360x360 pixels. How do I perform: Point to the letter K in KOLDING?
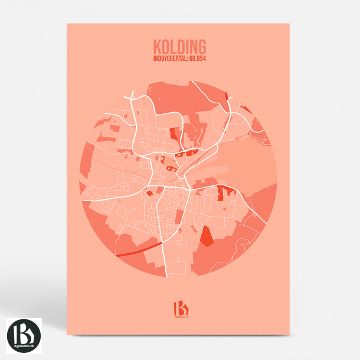(x=156, y=47)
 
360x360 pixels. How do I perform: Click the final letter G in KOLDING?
(x=202, y=47)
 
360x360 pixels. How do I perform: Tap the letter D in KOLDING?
(x=180, y=47)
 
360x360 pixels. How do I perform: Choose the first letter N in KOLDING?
(x=193, y=47)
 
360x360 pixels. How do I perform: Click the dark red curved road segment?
(x=140, y=248)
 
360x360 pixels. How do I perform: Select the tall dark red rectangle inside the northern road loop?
(x=174, y=133)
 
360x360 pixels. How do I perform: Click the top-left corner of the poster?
(x=67, y=24)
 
